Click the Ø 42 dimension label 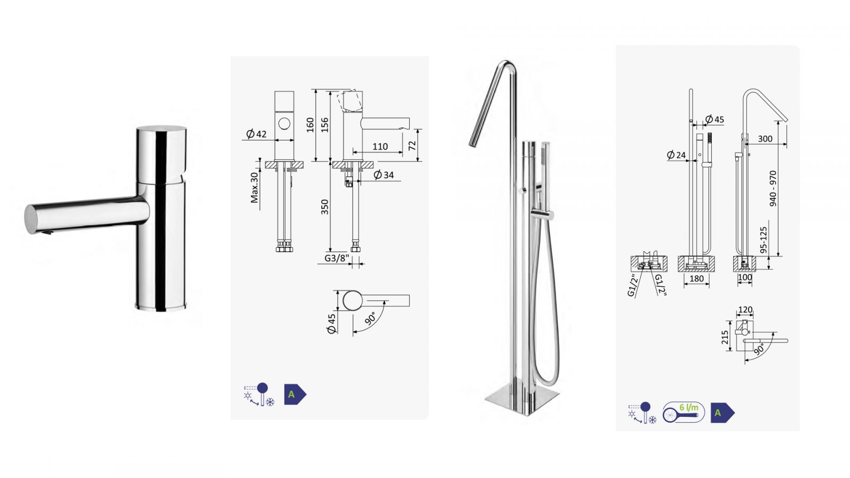pyautogui.click(x=257, y=134)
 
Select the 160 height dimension pyautogui.click(x=310, y=125)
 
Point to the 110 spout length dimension pyautogui.click(x=380, y=147)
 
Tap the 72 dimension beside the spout pyautogui.click(x=412, y=146)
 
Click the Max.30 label pyautogui.click(x=254, y=187)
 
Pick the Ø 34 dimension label pyautogui.click(x=384, y=175)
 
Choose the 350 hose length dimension pyautogui.click(x=325, y=207)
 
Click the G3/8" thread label pyautogui.click(x=336, y=258)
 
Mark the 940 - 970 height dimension pyautogui.click(x=773, y=189)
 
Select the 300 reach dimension pyautogui.click(x=765, y=139)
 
